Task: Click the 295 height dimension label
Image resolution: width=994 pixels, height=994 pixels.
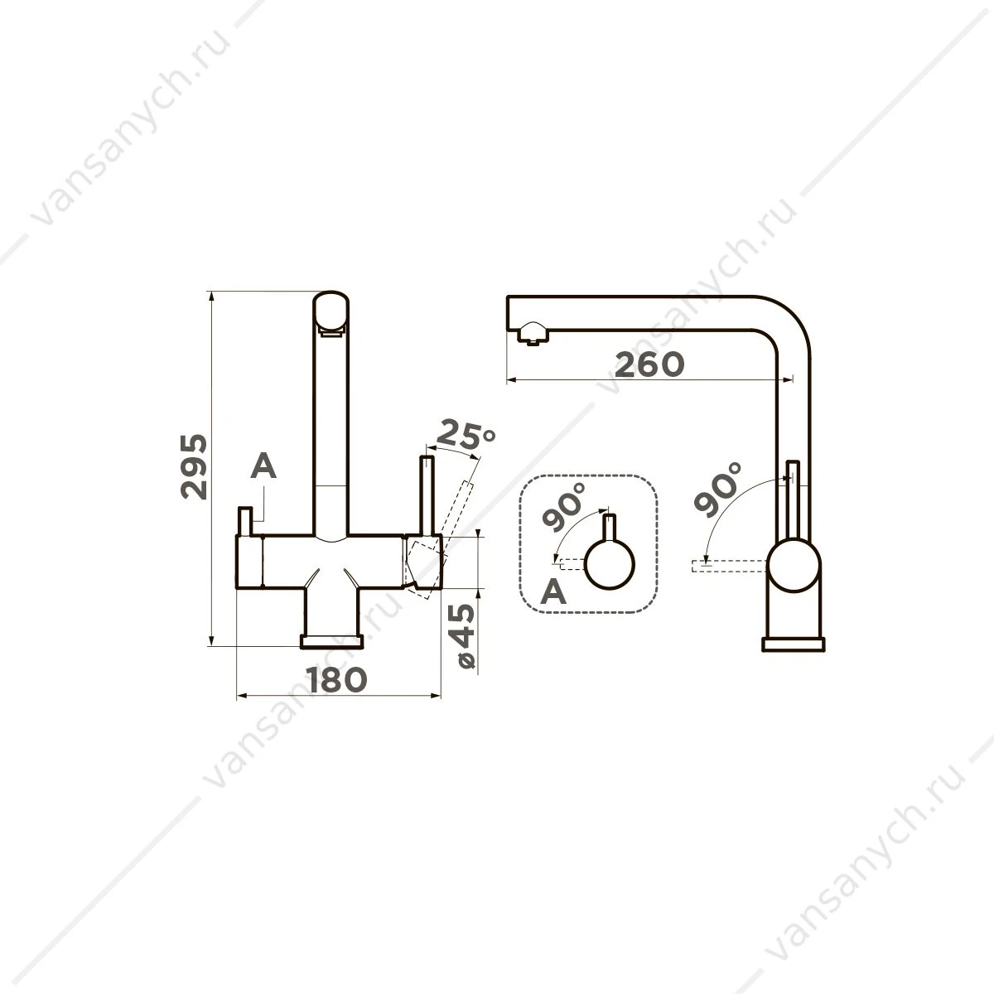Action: point(194,467)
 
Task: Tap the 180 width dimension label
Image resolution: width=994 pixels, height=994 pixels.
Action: point(337,679)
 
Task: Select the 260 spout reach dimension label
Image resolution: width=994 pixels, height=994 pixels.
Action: point(649,364)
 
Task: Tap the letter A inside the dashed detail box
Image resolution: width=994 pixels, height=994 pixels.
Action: point(553,591)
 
